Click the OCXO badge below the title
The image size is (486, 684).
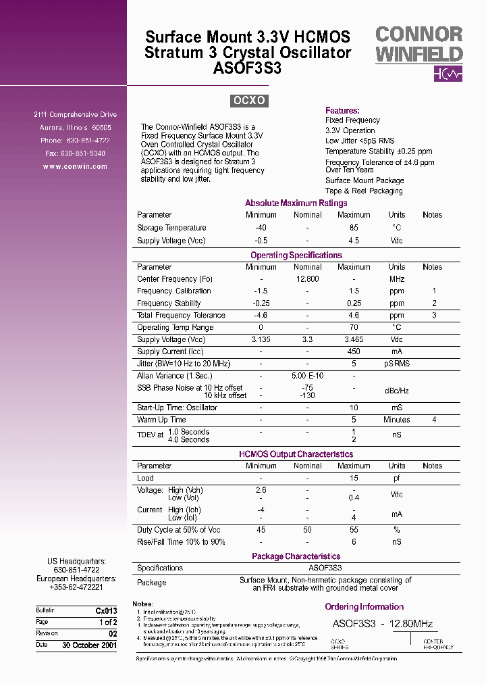[x=249, y=101]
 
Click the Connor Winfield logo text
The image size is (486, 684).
[x=418, y=45]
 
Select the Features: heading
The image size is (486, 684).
[x=342, y=110]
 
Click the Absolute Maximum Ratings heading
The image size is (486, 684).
[x=296, y=203]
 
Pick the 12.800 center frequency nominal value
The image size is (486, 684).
[x=307, y=279]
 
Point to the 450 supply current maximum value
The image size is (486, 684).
[x=353, y=351]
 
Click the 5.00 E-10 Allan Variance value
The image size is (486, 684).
[x=307, y=376]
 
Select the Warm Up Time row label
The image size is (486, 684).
[x=161, y=420]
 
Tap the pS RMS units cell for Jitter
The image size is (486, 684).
[x=396, y=364]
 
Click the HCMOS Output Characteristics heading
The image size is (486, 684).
[x=296, y=454]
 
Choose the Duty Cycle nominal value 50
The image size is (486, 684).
[x=307, y=530]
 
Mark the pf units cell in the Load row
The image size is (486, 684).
[x=396, y=478]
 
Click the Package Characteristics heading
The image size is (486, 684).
[x=296, y=556]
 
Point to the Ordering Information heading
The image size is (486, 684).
[x=364, y=607]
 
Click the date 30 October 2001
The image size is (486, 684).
[x=89, y=645]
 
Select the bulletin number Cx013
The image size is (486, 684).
[x=106, y=610]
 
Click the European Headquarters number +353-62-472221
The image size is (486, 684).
[x=75, y=587]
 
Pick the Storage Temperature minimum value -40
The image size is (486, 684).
[x=261, y=228]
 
